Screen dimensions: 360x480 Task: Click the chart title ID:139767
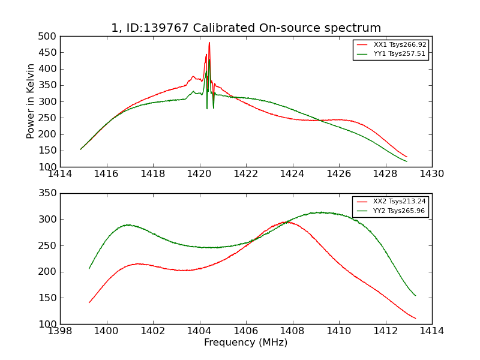coord(245,28)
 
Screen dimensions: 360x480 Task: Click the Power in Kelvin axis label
coord(31,101)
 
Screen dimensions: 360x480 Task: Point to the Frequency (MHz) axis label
coord(245,343)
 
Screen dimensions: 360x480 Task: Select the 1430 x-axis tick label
coord(431,174)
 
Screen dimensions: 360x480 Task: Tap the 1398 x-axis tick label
coord(60,331)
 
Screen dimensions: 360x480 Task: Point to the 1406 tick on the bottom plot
coord(246,331)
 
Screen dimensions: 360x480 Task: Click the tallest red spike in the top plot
coord(209,43)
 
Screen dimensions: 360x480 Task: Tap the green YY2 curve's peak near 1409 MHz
coord(322,212)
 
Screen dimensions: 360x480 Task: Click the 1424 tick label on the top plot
coord(292,174)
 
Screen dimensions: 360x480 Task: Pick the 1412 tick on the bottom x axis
coord(385,331)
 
